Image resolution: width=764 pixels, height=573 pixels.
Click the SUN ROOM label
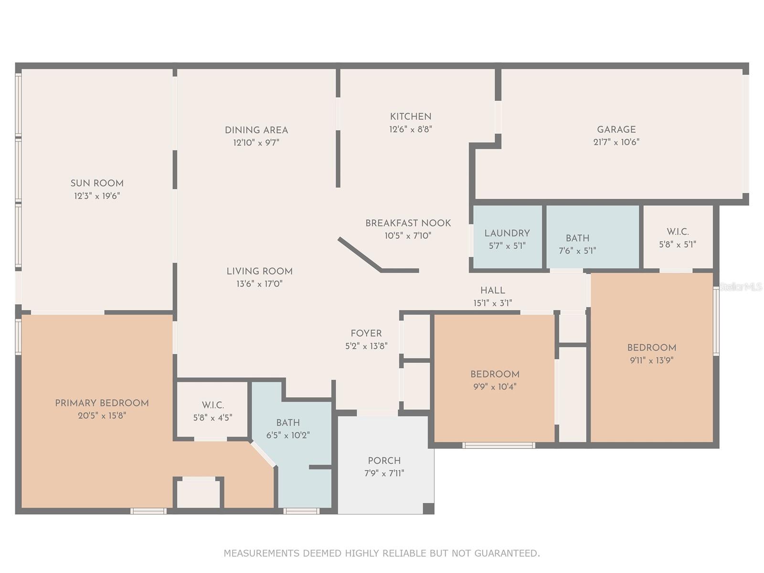tap(97, 183)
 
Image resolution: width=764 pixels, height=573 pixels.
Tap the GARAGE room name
tap(616, 129)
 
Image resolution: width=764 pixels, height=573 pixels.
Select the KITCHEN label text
tap(410, 117)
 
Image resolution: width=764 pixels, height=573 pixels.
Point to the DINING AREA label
tap(256, 130)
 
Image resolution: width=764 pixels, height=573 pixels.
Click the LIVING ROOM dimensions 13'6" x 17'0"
tap(259, 284)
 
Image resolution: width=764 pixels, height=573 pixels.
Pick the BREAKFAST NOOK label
tap(408, 223)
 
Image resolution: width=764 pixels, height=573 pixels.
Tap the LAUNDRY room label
tap(507, 233)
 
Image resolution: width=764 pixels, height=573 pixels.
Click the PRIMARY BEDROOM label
tap(102, 403)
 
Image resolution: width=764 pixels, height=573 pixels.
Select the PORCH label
tap(384, 461)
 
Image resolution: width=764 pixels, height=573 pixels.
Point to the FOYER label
tap(366, 333)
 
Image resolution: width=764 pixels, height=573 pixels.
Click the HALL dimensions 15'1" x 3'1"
tap(492, 303)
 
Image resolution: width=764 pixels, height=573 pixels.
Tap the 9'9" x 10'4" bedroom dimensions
tap(495, 387)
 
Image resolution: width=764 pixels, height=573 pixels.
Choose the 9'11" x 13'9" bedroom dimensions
tap(652, 360)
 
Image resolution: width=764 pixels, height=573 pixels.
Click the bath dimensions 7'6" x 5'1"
tap(577, 251)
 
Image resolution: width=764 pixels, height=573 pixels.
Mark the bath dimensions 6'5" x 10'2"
tap(288, 435)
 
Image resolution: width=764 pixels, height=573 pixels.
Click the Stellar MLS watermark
tap(741, 286)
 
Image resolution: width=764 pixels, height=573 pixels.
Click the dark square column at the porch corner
tap(428, 508)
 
